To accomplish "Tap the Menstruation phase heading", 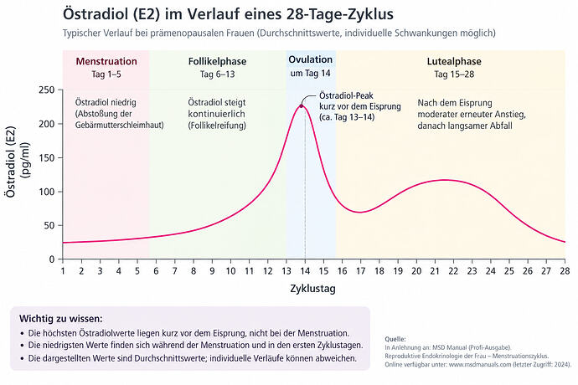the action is click(x=106, y=61).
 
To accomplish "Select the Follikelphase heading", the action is click(x=218, y=61).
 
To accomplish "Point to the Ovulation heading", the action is click(x=311, y=59).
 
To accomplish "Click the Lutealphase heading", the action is click(x=454, y=61).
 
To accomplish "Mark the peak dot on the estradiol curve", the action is click(x=302, y=106).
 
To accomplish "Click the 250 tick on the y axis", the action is click(x=46, y=90).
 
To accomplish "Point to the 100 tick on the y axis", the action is click(x=46, y=192).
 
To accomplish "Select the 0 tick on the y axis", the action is click(x=52, y=259).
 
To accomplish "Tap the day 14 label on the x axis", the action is click(x=305, y=271).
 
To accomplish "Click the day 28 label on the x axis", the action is click(x=565, y=271).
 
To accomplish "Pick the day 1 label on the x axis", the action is click(x=63, y=271).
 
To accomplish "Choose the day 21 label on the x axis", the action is click(x=435, y=271).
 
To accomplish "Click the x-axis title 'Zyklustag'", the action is click(x=313, y=289).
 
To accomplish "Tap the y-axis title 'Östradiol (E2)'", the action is click(x=11, y=162).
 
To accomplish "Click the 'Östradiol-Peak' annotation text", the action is click(x=346, y=95).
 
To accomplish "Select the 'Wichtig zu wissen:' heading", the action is click(x=61, y=318).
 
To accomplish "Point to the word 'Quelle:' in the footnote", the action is click(x=395, y=339).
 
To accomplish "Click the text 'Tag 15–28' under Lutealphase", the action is click(x=454, y=74).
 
